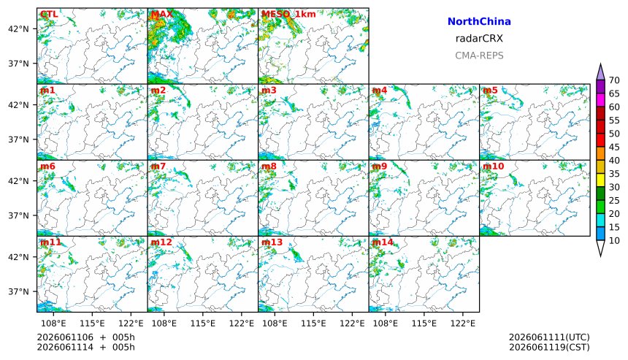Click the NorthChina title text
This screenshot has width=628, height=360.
click(479, 22)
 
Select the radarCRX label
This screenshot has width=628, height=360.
click(479, 39)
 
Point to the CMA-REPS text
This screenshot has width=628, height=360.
click(479, 55)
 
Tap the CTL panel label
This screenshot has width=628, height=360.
click(49, 14)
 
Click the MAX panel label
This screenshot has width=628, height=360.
click(162, 14)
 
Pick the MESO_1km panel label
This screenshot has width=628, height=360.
click(288, 14)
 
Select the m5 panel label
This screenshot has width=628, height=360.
click(490, 90)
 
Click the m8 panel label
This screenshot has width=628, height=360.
click(269, 166)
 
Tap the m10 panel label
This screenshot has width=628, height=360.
click(494, 166)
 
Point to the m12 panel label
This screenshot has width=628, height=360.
click(161, 242)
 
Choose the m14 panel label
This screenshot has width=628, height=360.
click(383, 242)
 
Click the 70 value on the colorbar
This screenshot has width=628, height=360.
click(614, 80)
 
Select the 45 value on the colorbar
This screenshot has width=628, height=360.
click(614, 147)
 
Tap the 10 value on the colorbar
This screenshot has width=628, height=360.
click(614, 241)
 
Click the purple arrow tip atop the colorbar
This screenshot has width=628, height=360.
click(600, 64)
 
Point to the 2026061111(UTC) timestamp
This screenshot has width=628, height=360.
click(549, 337)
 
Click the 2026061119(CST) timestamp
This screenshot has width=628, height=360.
click(549, 347)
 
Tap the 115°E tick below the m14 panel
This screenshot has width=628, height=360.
click(424, 323)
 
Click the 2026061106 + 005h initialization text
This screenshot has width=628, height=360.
click(85, 337)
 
